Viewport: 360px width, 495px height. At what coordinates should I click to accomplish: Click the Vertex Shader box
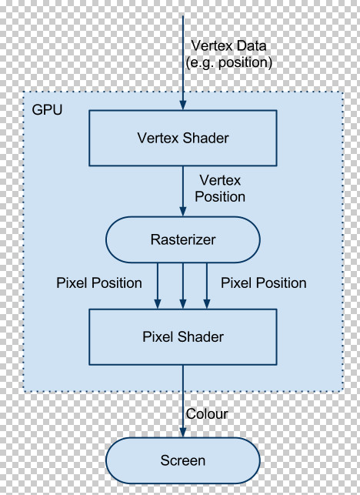[182, 139]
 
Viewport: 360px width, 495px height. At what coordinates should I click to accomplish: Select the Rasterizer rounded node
[182, 239]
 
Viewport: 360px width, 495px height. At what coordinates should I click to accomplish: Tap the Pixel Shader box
[182, 336]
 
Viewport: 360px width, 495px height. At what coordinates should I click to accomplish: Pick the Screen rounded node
[182, 460]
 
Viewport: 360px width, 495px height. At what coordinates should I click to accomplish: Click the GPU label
[47, 109]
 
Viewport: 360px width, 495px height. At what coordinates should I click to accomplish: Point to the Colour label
[207, 413]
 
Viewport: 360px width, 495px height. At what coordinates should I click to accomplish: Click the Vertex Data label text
[228, 45]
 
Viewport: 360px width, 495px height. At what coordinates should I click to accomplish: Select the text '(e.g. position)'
[228, 62]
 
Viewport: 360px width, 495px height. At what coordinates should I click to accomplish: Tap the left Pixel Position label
[99, 283]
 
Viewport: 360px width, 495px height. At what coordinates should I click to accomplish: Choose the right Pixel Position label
[264, 283]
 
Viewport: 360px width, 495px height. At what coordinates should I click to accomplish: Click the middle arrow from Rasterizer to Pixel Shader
[182, 285]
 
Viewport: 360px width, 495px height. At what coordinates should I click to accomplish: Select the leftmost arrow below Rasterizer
[158, 285]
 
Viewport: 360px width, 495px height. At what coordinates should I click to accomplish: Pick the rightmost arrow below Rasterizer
[207, 285]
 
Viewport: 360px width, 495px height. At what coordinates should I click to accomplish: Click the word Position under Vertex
[220, 197]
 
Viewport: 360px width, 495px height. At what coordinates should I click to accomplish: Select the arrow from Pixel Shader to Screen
[183, 400]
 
